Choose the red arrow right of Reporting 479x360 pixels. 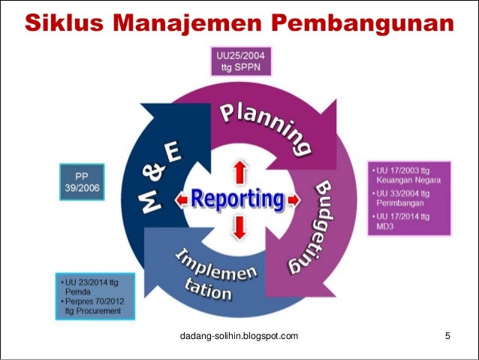point(294,200)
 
